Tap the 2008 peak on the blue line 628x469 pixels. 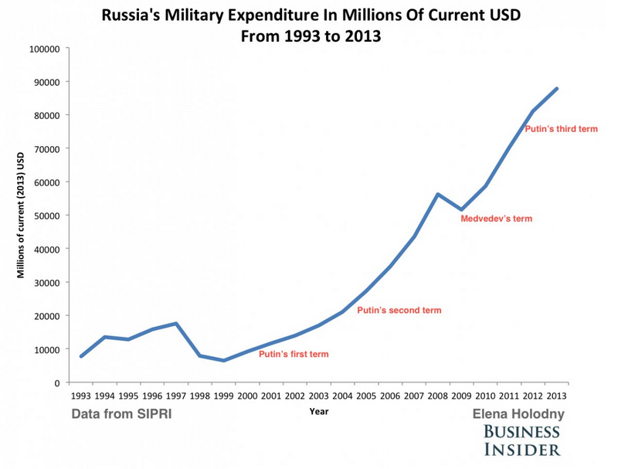(437, 195)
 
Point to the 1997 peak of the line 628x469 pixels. (176, 324)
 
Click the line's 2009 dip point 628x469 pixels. (461, 209)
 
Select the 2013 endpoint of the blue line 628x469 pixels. (556, 89)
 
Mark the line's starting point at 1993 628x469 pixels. (81, 356)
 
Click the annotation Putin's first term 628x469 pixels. (294, 355)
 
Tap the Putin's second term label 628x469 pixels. (399, 311)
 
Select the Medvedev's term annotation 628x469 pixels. (496, 219)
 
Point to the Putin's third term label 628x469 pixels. (561, 129)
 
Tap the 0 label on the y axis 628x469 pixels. (56, 382)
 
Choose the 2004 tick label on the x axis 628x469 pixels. (342, 396)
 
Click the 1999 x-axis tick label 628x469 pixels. (223, 396)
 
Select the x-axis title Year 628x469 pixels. (318, 412)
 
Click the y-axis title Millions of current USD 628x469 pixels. (21, 215)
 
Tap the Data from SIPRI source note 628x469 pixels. (121, 414)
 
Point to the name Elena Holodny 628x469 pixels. (518, 414)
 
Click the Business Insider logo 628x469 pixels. (522, 440)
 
